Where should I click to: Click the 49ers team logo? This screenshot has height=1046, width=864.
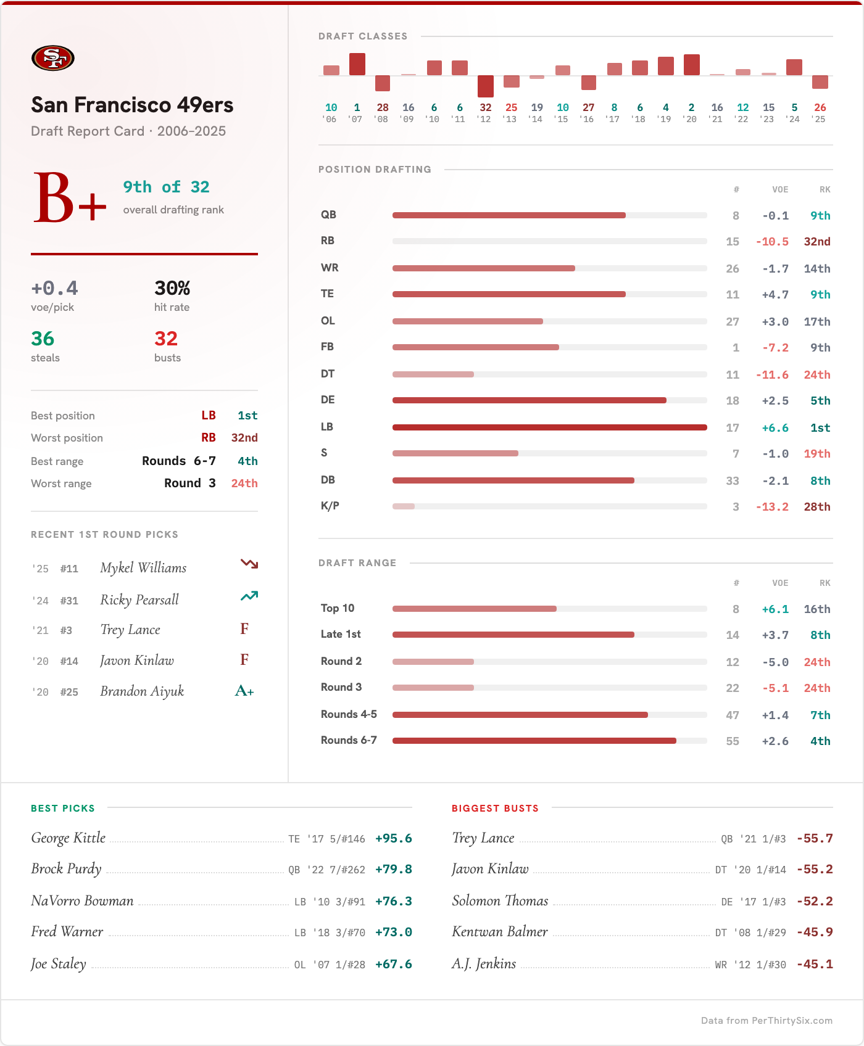[53, 59]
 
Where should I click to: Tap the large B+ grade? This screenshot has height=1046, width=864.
[69, 199]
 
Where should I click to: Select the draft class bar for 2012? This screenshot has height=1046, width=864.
[486, 86]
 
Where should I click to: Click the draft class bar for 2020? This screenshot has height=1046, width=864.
[691, 65]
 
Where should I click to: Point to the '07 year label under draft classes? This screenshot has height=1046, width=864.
[356, 120]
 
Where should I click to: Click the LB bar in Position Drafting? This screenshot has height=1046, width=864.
[549, 427]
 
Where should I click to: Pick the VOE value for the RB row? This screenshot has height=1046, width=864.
[772, 242]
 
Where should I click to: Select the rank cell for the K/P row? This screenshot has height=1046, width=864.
[816, 507]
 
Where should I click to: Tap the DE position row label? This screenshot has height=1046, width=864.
[328, 400]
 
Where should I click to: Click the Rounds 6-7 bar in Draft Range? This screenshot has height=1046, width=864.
[534, 741]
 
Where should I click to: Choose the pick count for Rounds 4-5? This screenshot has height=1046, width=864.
[732, 715]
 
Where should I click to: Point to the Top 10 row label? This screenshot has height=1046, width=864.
[338, 609]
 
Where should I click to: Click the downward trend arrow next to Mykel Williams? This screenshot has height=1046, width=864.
[249, 564]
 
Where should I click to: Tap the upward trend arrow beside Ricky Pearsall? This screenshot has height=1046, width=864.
[249, 596]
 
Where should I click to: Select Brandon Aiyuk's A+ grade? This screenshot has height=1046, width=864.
[244, 691]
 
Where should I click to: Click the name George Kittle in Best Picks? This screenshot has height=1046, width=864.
[69, 838]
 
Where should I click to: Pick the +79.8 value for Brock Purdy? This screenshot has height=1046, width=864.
[393, 870]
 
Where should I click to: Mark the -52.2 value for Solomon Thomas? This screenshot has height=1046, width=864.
[814, 902]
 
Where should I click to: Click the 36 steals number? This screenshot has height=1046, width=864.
[43, 339]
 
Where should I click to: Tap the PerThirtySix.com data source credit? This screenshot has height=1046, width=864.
[766, 1021]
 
